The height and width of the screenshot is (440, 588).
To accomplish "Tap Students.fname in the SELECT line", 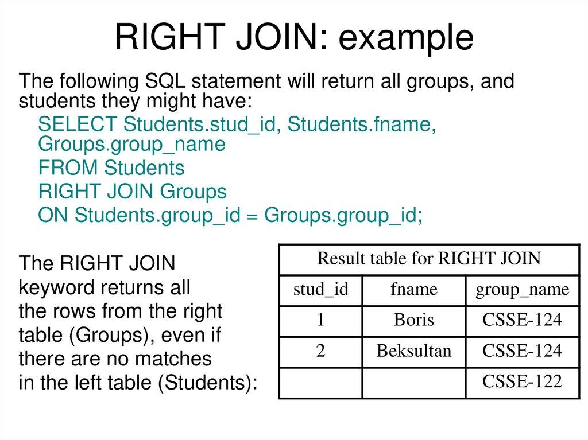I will (360, 124).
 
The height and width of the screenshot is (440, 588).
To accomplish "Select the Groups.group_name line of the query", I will (131, 145).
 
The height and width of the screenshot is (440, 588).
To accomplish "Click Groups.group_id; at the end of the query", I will (343, 216).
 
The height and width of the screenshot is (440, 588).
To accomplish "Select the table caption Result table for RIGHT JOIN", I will (429, 259).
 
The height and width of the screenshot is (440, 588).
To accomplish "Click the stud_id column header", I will (320, 290).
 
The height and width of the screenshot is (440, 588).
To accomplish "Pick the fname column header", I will (413, 290).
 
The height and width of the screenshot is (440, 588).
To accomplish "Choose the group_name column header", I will (522, 290).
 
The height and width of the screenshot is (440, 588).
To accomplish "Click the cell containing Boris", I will (413, 320).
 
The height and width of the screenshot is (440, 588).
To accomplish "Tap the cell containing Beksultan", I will (413, 351).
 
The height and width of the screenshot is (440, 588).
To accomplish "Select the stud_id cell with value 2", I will (320, 351).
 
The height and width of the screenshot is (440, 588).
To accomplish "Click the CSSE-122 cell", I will (522, 381).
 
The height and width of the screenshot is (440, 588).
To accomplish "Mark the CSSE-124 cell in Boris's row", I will (522, 320).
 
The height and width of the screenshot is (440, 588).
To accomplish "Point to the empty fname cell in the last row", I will (413, 383).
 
